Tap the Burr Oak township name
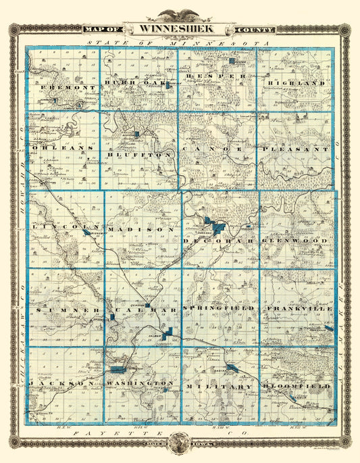point(136,82)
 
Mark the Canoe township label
point(217,147)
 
